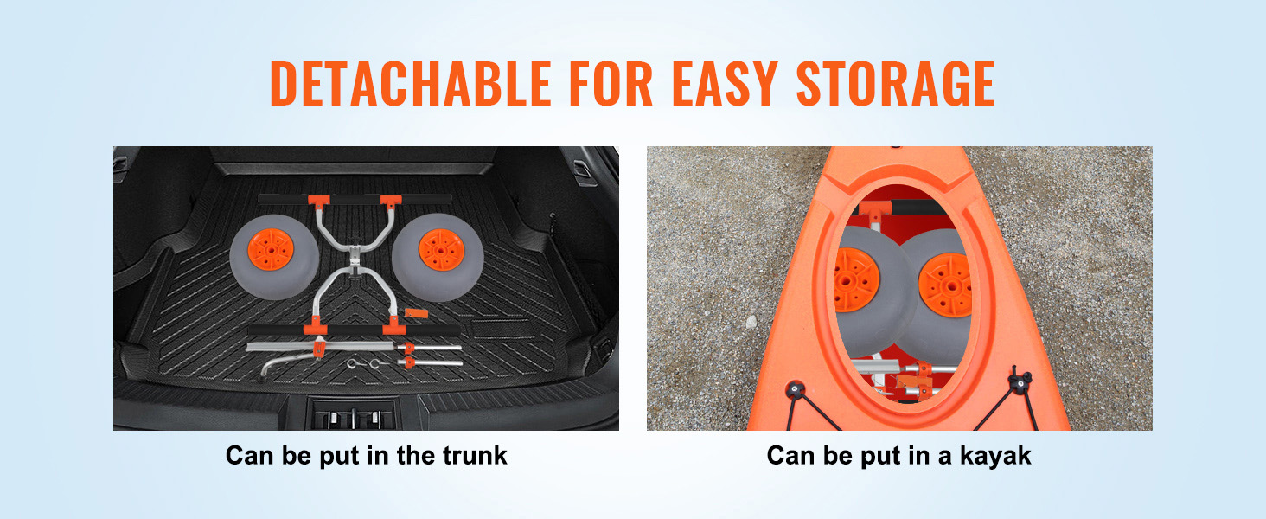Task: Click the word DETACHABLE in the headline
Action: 411,84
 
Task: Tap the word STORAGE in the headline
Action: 896,84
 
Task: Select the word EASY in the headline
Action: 726,84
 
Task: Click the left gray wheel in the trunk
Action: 274,257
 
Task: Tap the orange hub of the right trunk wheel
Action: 441,250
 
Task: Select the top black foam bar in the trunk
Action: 355,200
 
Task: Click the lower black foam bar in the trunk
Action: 354,330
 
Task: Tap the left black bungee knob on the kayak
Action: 796,389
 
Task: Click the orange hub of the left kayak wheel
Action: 856,279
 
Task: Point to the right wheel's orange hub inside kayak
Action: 945,285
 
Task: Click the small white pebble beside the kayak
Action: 751,323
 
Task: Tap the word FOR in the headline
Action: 611,84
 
